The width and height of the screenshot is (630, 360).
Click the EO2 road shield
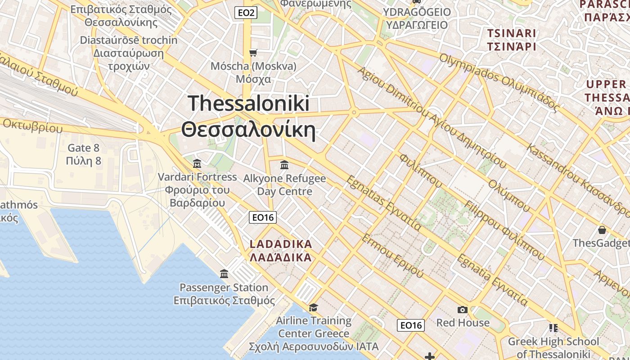point(246,13)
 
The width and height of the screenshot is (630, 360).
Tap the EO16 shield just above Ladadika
point(263,217)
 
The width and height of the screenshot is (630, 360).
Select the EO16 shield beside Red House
point(411,325)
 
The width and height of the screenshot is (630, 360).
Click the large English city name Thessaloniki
point(249,103)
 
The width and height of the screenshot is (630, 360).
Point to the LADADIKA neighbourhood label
point(281,244)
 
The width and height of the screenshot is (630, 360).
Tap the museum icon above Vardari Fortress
point(197,163)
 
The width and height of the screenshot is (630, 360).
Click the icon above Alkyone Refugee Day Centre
point(284,165)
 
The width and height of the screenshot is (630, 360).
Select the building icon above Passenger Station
point(224,274)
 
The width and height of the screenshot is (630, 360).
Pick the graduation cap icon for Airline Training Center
point(313,307)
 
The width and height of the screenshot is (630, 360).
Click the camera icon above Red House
point(462,310)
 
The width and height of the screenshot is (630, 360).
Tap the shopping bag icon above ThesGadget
point(602,230)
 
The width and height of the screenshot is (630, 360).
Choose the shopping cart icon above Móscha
point(253,53)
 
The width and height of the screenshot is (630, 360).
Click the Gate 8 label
point(83,148)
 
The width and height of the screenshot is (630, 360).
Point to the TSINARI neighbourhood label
point(512,33)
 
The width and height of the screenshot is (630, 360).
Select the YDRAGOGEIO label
point(416,12)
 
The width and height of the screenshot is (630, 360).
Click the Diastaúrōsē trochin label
point(129,40)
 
